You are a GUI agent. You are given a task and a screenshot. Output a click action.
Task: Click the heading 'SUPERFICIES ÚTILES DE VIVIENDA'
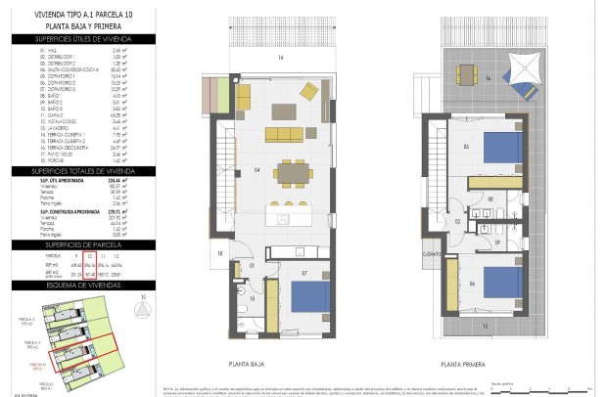[77, 38]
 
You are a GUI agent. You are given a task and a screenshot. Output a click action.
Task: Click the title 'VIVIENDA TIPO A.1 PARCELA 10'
[77, 14]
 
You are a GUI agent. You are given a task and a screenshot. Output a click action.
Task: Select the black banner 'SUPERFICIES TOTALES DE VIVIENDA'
[77, 170]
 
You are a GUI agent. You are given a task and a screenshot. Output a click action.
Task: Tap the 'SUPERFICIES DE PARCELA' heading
[77, 243]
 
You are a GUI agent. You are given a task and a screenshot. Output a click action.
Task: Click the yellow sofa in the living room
[283, 133]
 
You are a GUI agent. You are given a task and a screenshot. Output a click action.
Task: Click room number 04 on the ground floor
[257, 169]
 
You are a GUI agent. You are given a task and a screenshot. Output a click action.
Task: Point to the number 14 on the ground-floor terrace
[280, 60]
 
